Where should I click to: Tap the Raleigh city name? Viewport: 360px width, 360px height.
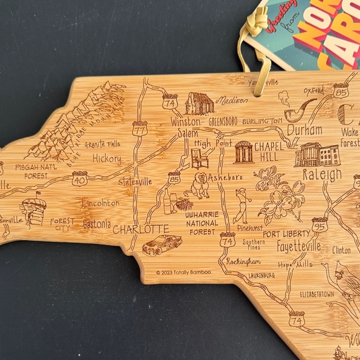click(322, 176)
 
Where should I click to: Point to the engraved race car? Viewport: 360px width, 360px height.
click(162, 245)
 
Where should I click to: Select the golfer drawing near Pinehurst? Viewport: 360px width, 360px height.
click(241, 204)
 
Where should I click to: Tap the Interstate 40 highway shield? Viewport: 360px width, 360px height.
click(79, 179)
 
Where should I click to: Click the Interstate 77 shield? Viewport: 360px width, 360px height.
click(140, 129)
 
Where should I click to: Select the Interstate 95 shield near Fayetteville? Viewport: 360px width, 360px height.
click(320, 226)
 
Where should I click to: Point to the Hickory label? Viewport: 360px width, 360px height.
click(107, 159)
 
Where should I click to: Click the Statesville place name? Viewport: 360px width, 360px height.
click(136, 182)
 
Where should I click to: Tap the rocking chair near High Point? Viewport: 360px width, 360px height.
click(199, 158)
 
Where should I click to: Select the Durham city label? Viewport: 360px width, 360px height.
click(304, 130)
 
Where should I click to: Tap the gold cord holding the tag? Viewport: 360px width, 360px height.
click(263, 68)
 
